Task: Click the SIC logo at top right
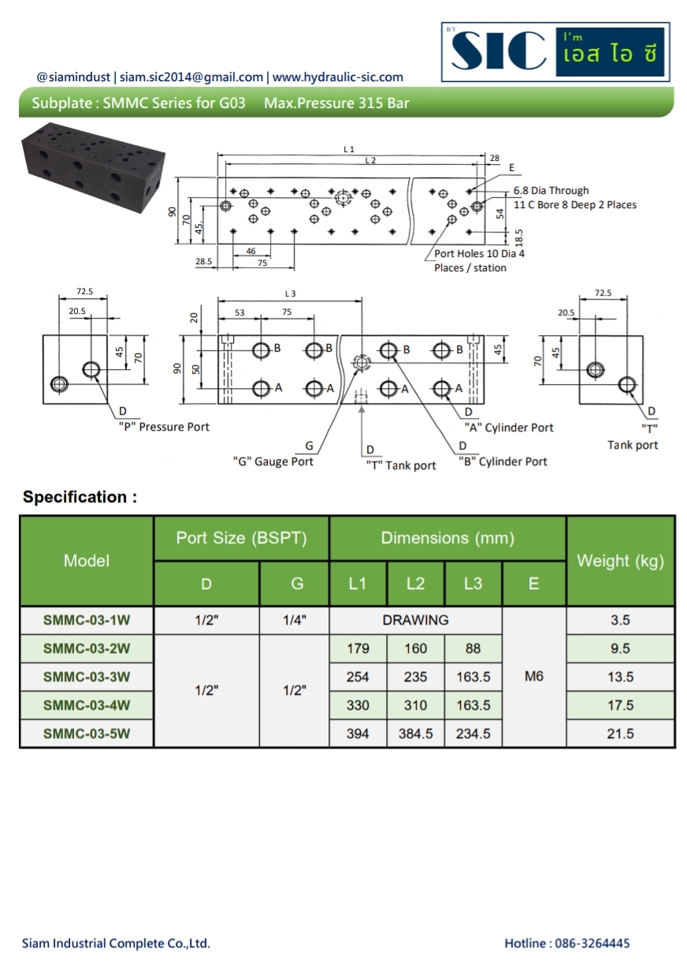555,53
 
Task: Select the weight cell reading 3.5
620,620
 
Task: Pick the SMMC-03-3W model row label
87,677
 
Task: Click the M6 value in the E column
533,677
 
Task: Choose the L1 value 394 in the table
358,733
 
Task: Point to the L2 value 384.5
415,733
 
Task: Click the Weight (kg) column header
620,561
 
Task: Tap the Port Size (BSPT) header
241,538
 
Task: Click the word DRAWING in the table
415,620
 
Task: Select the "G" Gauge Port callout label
273,461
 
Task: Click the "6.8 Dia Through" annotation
551,191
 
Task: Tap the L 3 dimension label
290,293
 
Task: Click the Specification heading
80,497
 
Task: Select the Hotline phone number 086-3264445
566,943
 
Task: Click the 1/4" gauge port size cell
294,620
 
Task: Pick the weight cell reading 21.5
620,733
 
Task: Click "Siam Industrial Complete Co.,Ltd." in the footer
116,943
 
